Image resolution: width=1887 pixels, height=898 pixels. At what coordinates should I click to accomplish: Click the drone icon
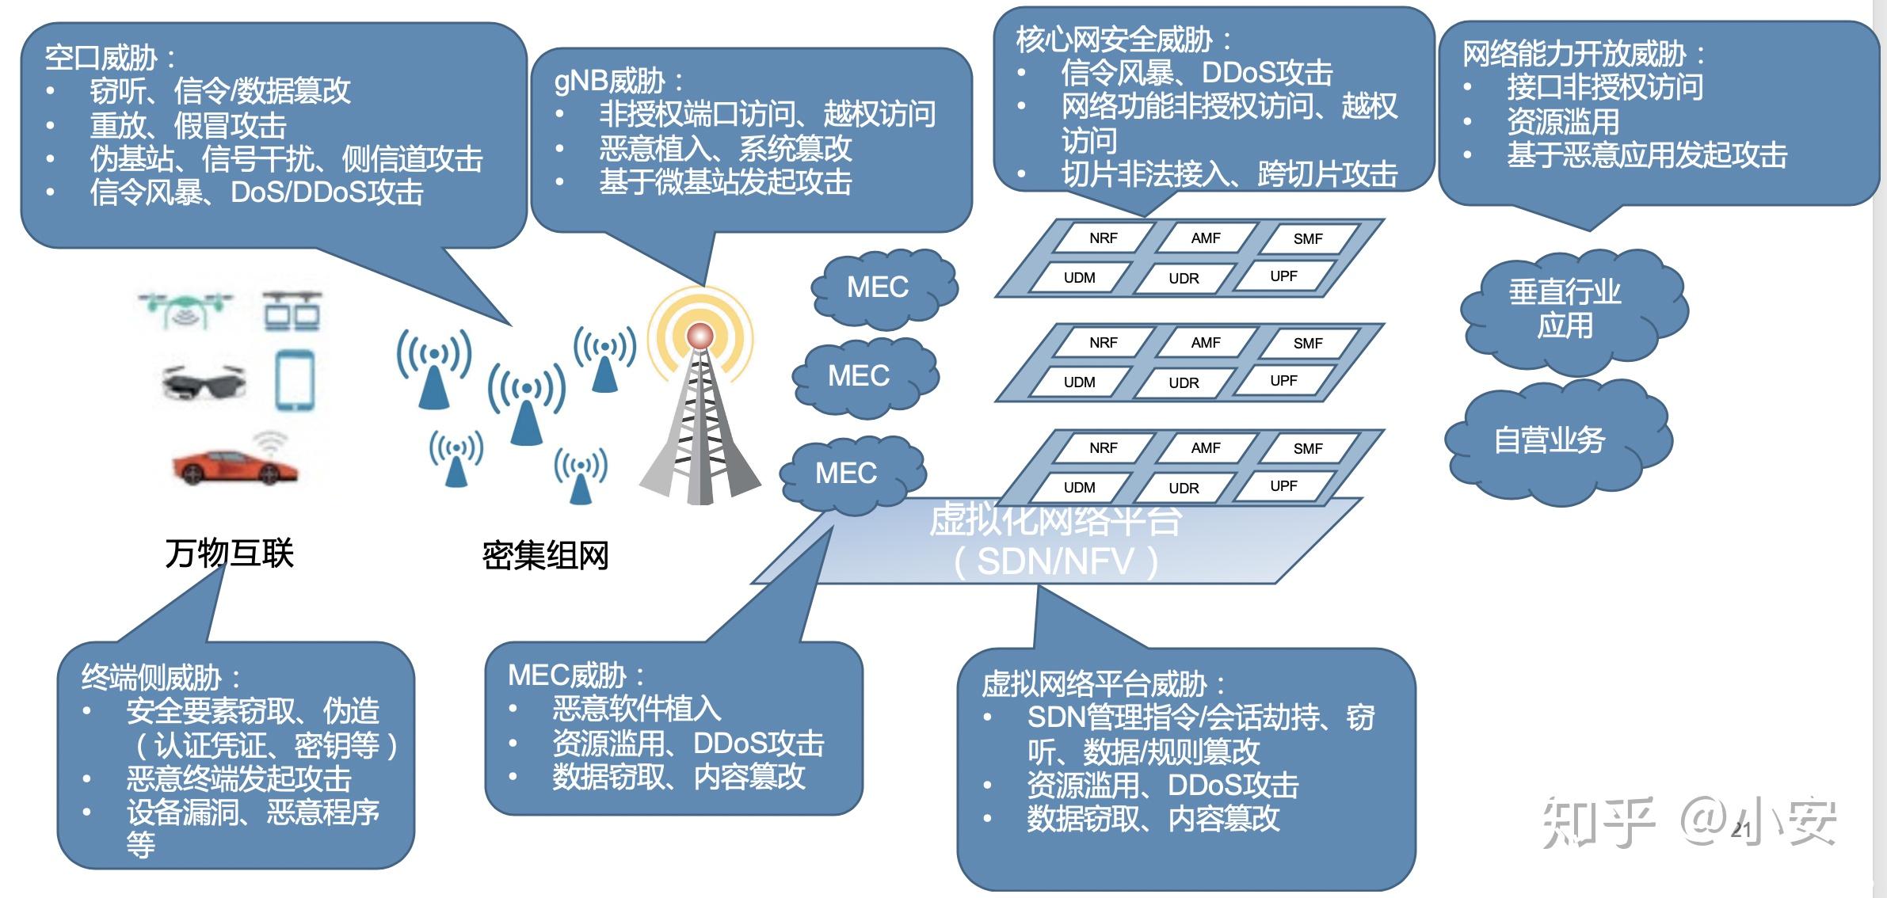point(185,308)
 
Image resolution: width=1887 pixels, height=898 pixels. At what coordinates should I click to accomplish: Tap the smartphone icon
point(295,380)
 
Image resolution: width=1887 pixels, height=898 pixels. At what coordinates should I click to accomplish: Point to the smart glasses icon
point(204,382)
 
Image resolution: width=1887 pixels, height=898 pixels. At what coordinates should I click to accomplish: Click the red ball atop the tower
point(700,336)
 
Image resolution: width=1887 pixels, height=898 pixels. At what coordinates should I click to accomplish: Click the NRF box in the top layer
point(1103,238)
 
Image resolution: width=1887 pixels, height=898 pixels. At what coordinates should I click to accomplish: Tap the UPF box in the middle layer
point(1283,381)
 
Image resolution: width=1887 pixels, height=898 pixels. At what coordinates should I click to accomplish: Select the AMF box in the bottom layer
point(1206,448)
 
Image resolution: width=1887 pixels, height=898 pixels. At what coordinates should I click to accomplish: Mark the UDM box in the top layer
point(1079,278)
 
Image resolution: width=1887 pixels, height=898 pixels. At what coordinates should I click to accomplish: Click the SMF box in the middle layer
point(1308,344)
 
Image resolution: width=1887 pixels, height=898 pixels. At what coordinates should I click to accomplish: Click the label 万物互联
point(230,553)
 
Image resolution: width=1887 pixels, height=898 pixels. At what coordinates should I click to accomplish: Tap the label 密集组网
point(545,555)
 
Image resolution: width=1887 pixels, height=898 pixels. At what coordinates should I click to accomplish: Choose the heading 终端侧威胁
point(151,678)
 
